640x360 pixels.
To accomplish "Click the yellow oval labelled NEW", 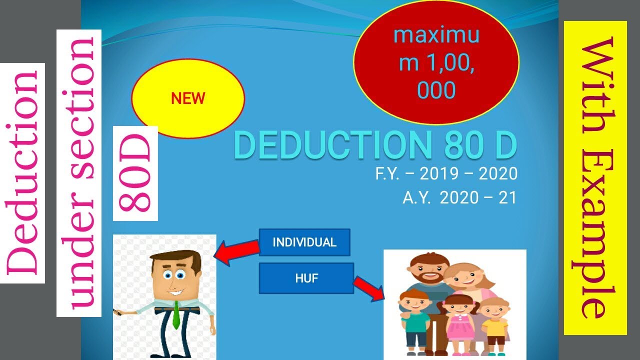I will pos(188,98).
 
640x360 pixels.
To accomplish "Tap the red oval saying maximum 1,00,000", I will pos(436,63).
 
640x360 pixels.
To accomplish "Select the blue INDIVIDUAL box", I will pos(304,242).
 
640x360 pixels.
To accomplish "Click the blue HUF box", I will pos(306,278).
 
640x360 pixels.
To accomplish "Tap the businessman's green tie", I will pos(176,315).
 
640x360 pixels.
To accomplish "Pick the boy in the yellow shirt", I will pos(494,322).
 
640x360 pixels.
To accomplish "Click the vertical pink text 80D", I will pos(135,173).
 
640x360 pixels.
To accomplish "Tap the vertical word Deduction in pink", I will pos(22,172).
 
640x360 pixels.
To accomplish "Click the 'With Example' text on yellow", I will pos(595,177).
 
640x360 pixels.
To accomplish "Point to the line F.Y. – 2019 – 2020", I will pos(446,174).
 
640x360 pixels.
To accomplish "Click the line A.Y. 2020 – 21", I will pos(459,198).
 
